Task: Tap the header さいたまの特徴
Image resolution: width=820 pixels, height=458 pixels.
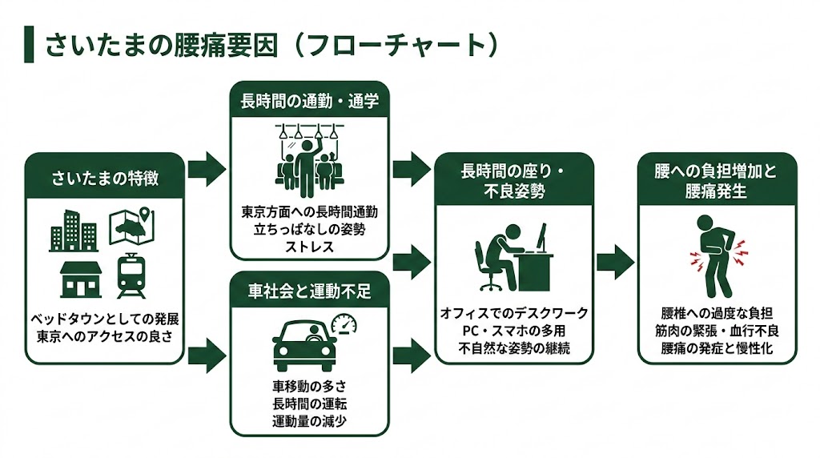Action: tap(104, 178)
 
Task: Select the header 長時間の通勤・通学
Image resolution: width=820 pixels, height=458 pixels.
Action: tap(309, 102)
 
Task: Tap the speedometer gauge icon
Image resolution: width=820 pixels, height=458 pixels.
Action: tap(344, 325)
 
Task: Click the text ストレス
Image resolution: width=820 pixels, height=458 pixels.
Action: tap(309, 246)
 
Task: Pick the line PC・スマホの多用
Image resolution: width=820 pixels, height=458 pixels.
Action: tap(514, 331)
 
